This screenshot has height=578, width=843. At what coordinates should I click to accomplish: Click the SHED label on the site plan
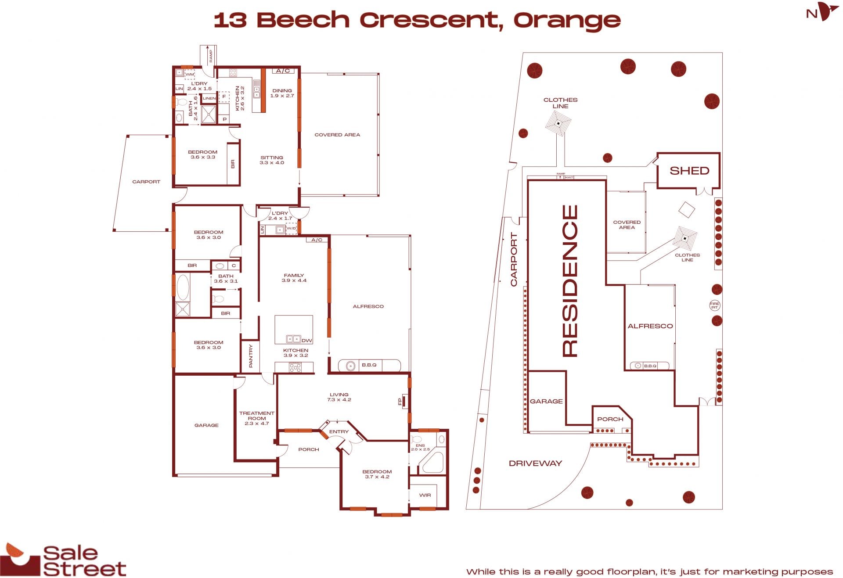(689, 171)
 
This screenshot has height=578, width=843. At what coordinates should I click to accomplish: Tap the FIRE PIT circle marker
(714, 305)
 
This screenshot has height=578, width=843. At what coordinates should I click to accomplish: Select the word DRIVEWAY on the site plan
(535, 463)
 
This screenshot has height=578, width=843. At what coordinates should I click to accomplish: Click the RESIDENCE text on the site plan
(570, 281)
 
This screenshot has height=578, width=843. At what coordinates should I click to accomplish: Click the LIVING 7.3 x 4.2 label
(339, 397)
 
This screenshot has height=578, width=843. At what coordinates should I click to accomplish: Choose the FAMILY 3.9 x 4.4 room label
(294, 278)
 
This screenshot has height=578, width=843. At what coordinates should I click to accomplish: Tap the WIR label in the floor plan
(425, 495)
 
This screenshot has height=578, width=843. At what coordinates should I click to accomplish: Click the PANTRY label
(251, 356)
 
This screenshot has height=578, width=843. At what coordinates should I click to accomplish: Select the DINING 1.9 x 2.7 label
(282, 93)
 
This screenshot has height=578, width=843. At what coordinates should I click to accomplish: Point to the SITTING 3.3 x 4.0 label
(272, 160)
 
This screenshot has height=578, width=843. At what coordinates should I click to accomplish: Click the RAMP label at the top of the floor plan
(211, 56)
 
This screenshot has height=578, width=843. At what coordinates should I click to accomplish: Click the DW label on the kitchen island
(307, 341)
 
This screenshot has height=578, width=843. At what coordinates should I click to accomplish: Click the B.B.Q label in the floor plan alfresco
(369, 365)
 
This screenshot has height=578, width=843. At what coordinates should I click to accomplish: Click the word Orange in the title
(567, 21)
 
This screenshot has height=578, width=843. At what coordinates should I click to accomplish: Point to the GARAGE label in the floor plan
(206, 425)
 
